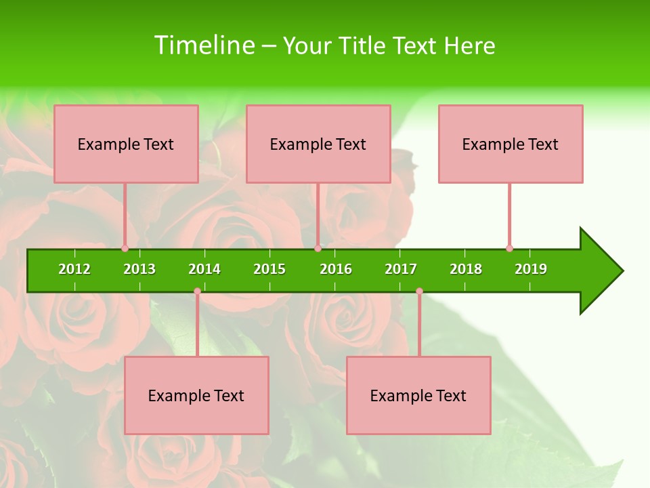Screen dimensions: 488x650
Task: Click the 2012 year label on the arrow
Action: (74, 269)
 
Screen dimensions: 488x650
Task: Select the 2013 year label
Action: (139, 269)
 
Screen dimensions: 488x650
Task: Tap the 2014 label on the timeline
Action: (204, 269)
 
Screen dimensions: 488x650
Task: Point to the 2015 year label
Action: (269, 269)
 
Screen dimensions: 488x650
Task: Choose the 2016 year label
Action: (336, 269)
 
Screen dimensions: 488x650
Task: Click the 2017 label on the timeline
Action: (401, 269)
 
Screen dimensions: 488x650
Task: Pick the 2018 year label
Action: (466, 269)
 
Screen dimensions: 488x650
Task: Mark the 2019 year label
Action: (531, 269)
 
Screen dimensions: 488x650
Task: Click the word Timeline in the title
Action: (204, 45)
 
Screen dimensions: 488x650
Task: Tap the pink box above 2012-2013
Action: (126, 144)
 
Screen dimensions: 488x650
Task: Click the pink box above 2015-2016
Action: (318, 144)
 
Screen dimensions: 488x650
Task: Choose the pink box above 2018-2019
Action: (511, 144)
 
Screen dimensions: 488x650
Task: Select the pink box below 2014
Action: (196, 395)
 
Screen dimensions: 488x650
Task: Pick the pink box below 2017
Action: (418, 395)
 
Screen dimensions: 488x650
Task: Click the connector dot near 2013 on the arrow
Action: (125, 248)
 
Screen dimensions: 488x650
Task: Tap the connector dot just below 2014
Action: (197, 291)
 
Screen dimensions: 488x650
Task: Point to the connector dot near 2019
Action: (509, 248)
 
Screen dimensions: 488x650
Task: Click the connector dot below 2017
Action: (419, 291)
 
